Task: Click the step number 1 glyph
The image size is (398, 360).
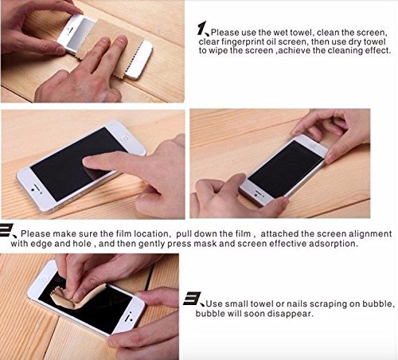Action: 201,29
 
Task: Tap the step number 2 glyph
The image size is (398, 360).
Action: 6,230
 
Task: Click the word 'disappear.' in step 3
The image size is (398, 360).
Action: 291,314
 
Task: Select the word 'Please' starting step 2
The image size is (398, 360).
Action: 35,233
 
